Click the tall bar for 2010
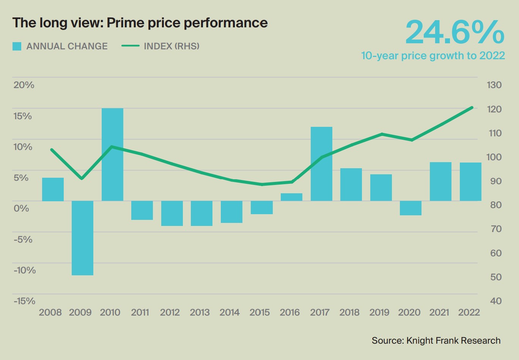[112, 155]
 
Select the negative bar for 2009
[82, 238]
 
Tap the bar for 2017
[321, 164]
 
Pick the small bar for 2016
[291, 197]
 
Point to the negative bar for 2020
[410, 208]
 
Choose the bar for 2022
[470, 182]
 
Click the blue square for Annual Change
[17, 46]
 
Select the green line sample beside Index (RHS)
[131, 46]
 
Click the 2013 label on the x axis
[200, 313]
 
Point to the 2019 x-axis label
[379, 313]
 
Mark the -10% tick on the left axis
[25, 270]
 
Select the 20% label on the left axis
[24, 85]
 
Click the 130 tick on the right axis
[494, 85]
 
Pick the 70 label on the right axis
[495, 229]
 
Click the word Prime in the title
[126, 23]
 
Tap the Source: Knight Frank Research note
[436, 341]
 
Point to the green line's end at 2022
[472, 107]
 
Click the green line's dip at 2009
[82, 178]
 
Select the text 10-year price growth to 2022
[433, 56]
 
